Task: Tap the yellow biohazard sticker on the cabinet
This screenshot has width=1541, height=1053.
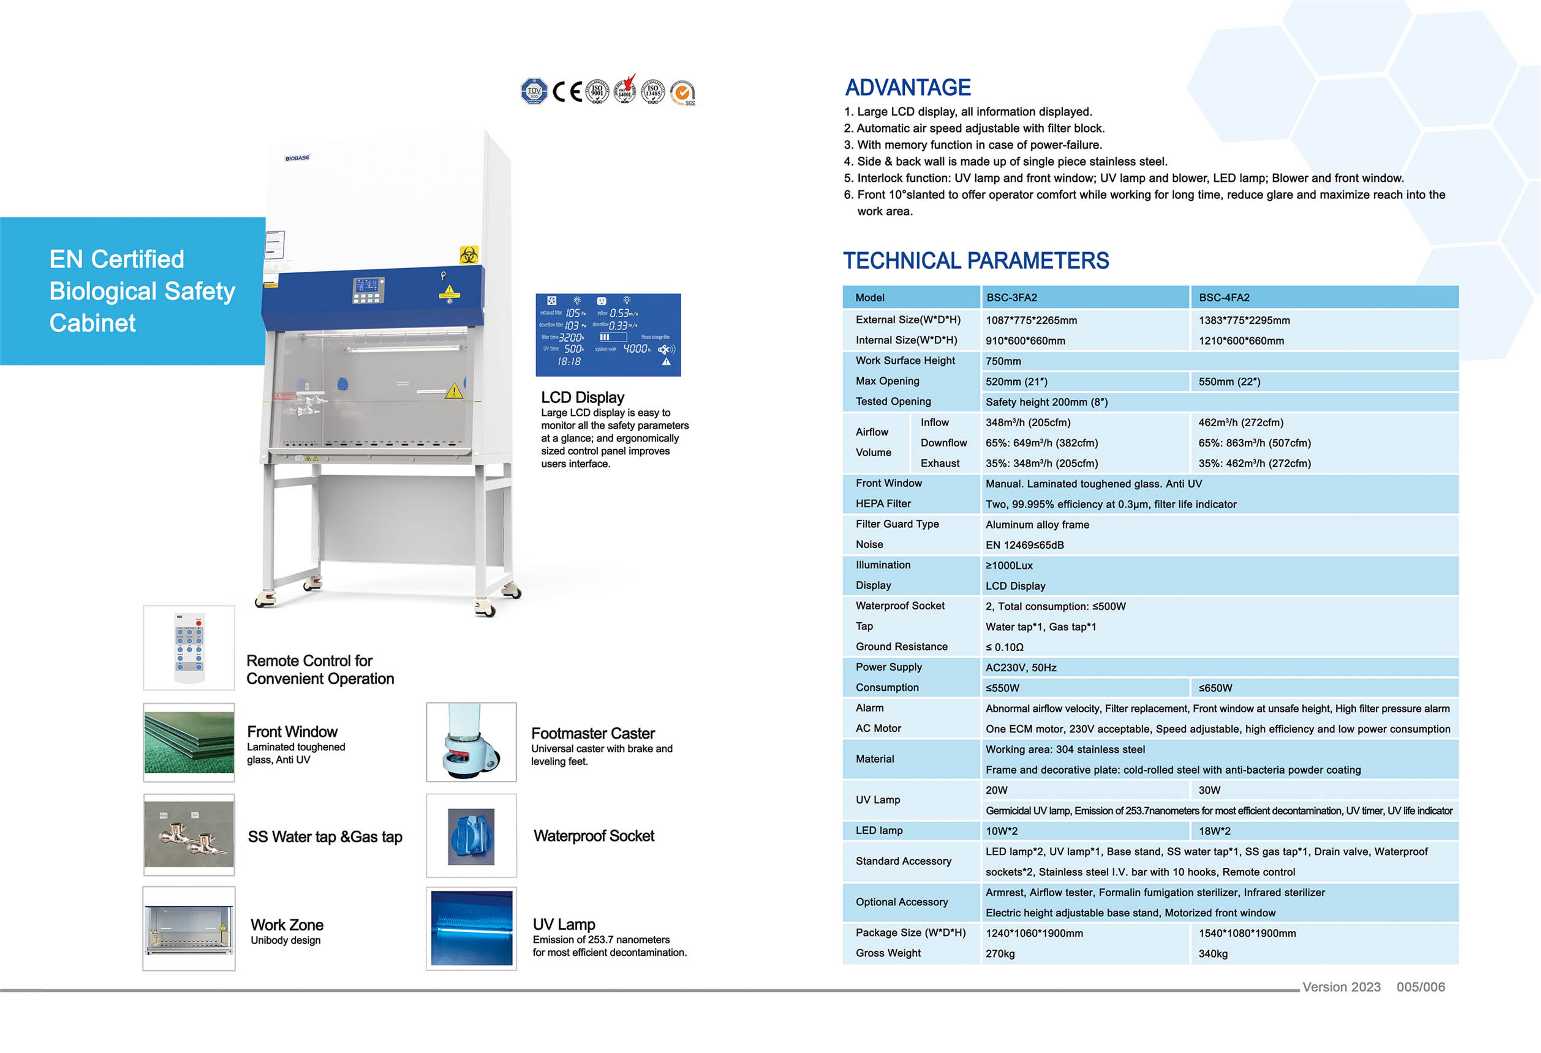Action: (469, 255)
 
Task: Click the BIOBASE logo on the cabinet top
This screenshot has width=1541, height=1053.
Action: (297, 158)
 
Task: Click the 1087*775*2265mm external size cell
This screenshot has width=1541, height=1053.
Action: (1031, 320)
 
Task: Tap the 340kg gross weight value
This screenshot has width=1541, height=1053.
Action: (1213, 953)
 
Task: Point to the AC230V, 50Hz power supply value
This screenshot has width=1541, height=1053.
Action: (1020, 667)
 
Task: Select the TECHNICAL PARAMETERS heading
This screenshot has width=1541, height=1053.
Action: (975, 261)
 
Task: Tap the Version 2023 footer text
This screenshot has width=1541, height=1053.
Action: (1341, 987)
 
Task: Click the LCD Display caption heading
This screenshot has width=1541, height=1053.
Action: (582, 397)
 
